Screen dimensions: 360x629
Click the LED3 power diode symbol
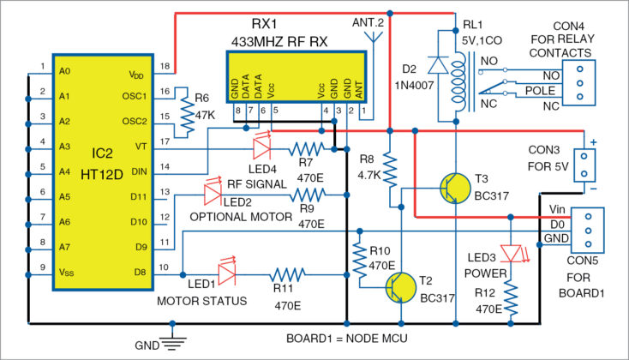coord(512,254)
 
